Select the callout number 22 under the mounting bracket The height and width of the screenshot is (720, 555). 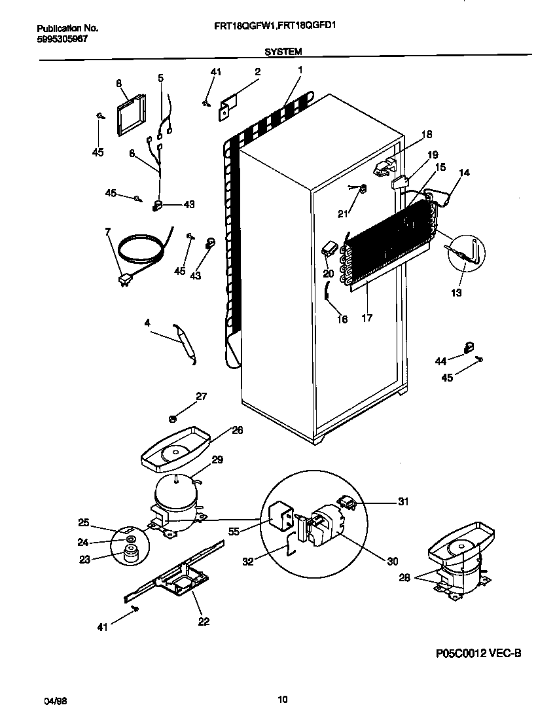tap(204, 621)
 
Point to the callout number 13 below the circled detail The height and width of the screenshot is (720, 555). tap(456, 293)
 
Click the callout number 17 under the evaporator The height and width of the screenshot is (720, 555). tap(367, 318)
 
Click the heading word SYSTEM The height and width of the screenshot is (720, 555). tap(283, 50)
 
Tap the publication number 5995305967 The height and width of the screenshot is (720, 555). tap(62, 39)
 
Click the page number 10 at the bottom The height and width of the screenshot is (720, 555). tap(283, 700)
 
